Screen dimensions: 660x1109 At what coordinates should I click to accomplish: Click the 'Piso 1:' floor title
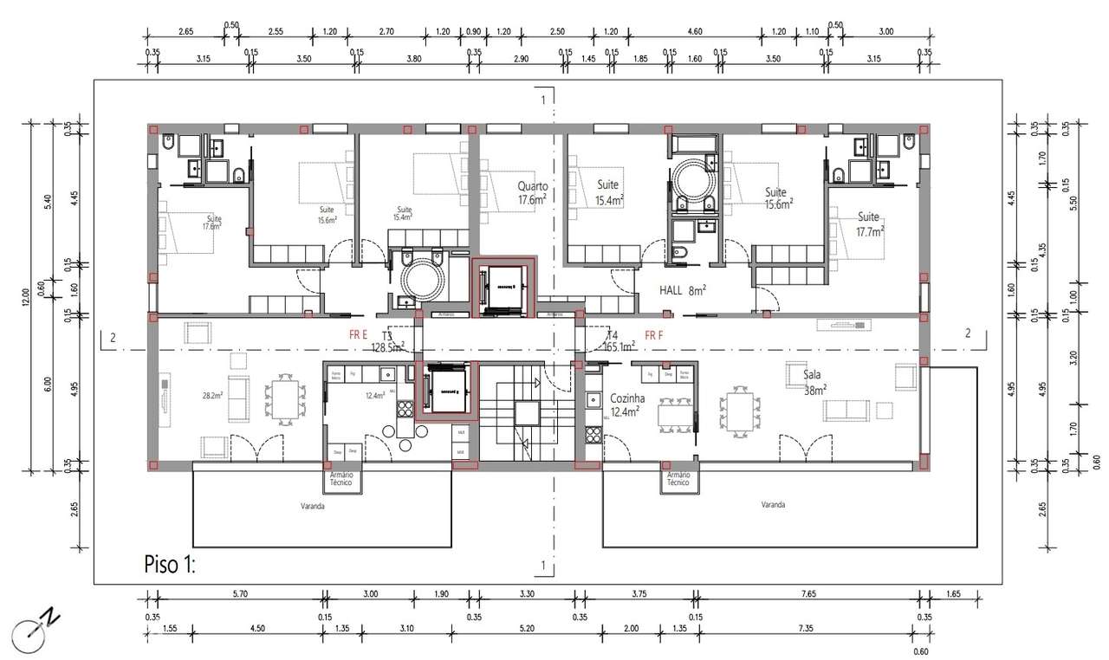pyautogui.click(x=170, y=566)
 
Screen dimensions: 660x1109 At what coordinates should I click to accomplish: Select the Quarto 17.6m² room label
pyautogui.click(x=532, y=193)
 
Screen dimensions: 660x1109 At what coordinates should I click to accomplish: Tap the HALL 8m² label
pyautogui.click(x=684, y=291)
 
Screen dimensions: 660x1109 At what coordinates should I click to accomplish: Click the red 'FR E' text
pyautogui.click(x=358, y=333)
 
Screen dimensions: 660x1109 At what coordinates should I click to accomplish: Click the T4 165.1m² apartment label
pyautogui.click(x=619, y=340)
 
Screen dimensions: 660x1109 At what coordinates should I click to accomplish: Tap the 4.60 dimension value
pyautogui.click(x=694, y=31)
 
